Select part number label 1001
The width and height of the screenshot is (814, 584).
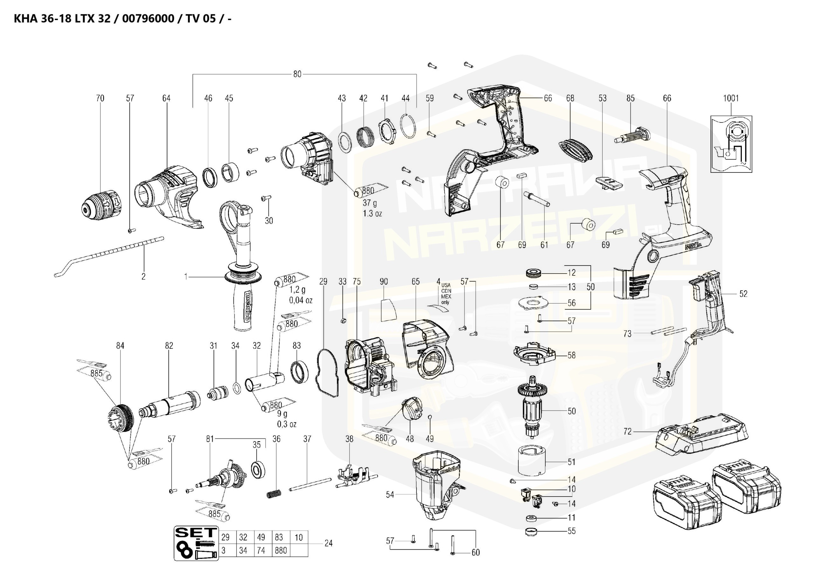coord(731,98)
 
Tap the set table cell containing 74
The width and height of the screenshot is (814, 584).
coord(261,551)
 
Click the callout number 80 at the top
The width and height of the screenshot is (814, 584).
coord(297,74)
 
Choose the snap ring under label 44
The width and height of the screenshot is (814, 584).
coord(408,126)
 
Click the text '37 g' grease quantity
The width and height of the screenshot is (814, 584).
coord(370,203)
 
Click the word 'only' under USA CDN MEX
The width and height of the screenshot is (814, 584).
coord(445,302)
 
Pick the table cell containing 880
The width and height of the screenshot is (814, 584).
coord(281,551)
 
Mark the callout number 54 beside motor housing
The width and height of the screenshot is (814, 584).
coord(390,495)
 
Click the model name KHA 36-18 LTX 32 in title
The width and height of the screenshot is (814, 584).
coord(62,19)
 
